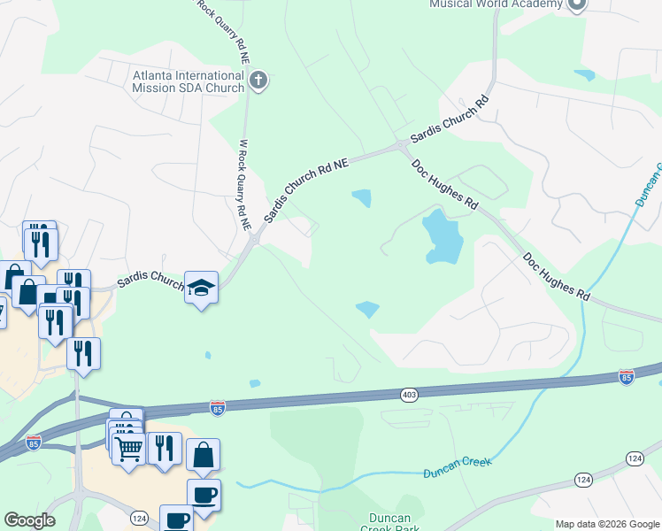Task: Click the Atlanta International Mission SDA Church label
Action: coord(189,81)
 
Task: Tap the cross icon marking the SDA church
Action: coord(258,82)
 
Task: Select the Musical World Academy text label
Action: coord(496,4)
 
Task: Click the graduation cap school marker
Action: coord(201,287)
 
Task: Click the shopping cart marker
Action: coord(129,449)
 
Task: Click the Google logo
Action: coord(29,520)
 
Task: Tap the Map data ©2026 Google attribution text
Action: coord(606,524)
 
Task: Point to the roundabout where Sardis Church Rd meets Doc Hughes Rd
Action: coord(403,144)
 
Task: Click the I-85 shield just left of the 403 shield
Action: coord(218,408)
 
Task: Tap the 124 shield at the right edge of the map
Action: coord(634,458)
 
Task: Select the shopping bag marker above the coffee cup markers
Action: coord(204,455)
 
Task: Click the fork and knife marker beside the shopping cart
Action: coord(165,449)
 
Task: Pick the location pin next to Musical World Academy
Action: coord(577,4)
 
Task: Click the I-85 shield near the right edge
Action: coord(627,377)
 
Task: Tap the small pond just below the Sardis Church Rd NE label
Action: coord(361,198)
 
